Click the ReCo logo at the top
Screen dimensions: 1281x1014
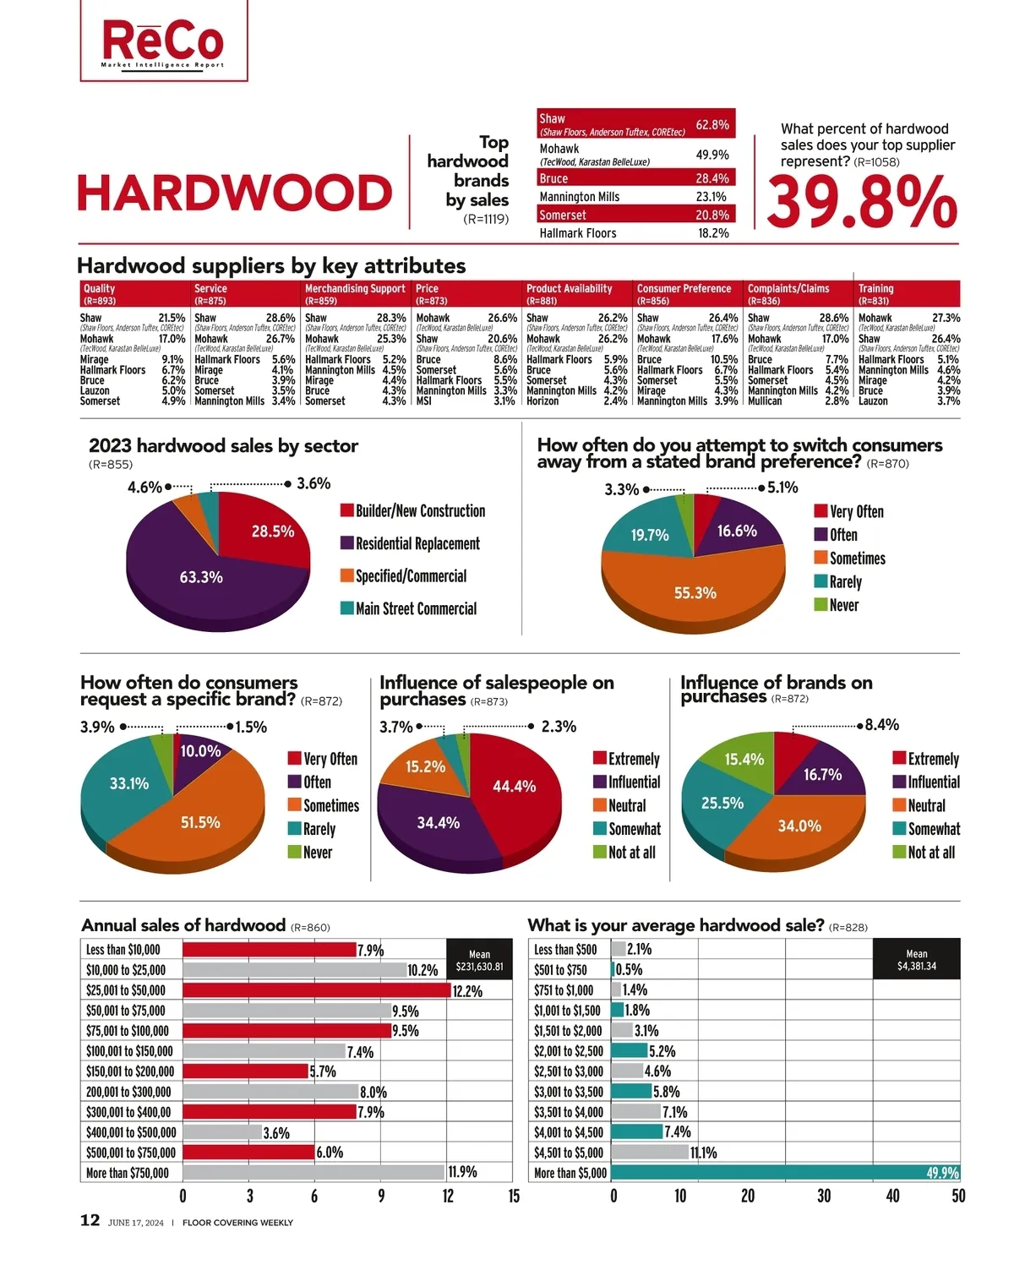(x=163, y=42)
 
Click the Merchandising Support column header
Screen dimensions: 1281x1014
(x=356, y=293)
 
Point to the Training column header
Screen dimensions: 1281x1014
(x=908, y=293)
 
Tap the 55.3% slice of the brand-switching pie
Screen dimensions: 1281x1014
(x=695, y=592)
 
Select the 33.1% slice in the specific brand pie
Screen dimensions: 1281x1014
(x=128, y=783)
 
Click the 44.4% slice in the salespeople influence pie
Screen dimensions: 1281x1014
(x=515, y=786)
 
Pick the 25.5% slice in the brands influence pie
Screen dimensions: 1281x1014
(x=722, y=803)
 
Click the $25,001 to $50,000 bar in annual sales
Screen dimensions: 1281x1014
(x=317, y=990)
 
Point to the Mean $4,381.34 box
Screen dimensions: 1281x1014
(x=916, y=959)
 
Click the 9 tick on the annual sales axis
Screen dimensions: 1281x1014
(x=381, y=1196)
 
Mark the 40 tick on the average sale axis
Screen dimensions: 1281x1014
(x=892, y=1196)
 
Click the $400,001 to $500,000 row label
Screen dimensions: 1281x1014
(x=131, y=1132)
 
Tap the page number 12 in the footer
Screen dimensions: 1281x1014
(x=90, y=1220)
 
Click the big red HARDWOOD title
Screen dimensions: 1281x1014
(x=234, y=194)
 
